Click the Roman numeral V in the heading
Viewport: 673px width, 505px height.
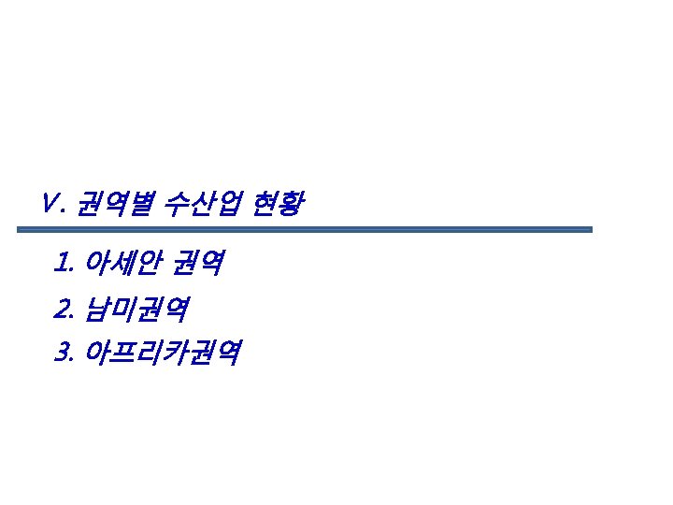[x=50, y=202]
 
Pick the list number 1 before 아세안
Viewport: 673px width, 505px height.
[x=62, y=263]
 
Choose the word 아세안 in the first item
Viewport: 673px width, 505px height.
[x=117, y=263]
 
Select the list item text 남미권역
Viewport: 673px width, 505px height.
[x=136, y=308]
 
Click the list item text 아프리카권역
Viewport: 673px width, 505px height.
[x=163, y=353]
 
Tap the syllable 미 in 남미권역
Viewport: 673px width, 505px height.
[x=123, y=308]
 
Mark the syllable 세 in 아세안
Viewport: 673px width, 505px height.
[x=117, y=263]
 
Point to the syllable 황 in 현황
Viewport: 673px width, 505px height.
[x=291, y=202]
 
